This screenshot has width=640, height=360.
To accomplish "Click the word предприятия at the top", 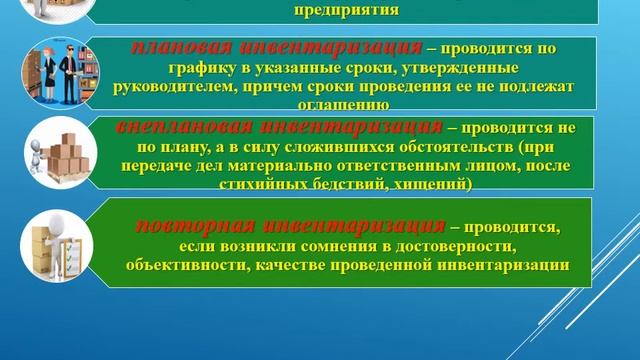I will click(x=347, y=12).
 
